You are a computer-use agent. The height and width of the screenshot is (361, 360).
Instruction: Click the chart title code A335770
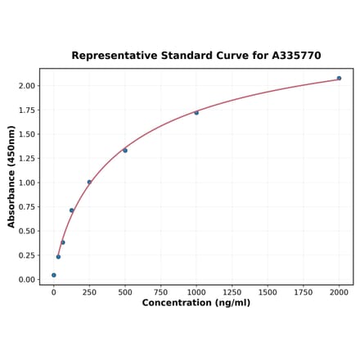click(292, 56)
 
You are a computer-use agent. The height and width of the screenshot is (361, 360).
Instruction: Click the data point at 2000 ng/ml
click(339, 79)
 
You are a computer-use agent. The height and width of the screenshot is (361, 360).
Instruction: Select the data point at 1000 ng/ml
click(196, 113)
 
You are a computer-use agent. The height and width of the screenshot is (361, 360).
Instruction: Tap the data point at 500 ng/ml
click(125, 151)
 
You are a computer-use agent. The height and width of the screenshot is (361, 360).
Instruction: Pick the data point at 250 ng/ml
click(89, 182)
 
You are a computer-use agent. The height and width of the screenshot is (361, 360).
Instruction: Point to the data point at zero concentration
click(54, 275)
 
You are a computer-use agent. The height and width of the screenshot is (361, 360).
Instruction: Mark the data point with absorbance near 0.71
click(72, 210)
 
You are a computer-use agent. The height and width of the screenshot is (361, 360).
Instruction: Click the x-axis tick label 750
click(160, 292)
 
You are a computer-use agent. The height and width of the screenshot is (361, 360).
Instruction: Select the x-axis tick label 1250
click(232, 292)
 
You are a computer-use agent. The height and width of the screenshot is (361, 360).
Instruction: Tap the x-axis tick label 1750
click(303, 292)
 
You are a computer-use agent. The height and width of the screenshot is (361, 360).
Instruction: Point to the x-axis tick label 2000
click(339, 292)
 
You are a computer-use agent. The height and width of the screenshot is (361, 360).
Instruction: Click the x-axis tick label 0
click(54, 292)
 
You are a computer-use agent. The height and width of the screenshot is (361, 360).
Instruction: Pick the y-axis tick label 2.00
click(27, 86)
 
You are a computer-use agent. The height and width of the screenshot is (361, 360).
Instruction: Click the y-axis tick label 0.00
click(27, 280)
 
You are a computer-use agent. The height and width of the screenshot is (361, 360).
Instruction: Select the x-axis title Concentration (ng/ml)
click(196, 303)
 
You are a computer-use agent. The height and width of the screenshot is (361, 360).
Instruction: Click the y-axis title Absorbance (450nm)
click(11, 177)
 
